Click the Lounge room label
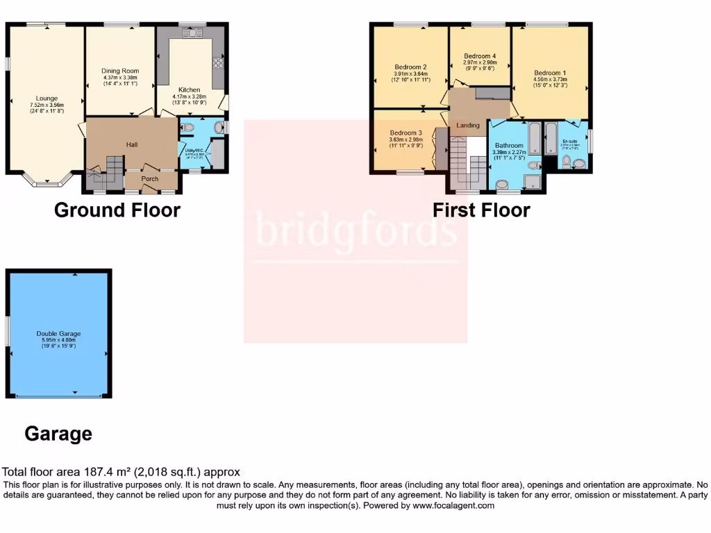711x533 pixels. (47, 99)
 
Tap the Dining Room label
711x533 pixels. (120, 71)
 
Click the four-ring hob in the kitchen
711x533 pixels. (217, 63)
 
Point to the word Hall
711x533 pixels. (132, 144)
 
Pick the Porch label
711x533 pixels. (150, 178)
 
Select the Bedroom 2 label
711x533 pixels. (410, 67)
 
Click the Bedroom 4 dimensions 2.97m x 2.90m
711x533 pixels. (480, 62)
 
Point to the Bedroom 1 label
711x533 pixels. (550, 73)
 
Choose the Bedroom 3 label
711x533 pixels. (405, 133)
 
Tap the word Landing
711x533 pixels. (467, 125)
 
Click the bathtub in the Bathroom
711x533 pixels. (534, 138)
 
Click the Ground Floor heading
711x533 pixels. (117, 210)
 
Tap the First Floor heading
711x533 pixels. (481, 210)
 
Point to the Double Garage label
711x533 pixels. (56, 334)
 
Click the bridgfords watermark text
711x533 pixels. (356, 230)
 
